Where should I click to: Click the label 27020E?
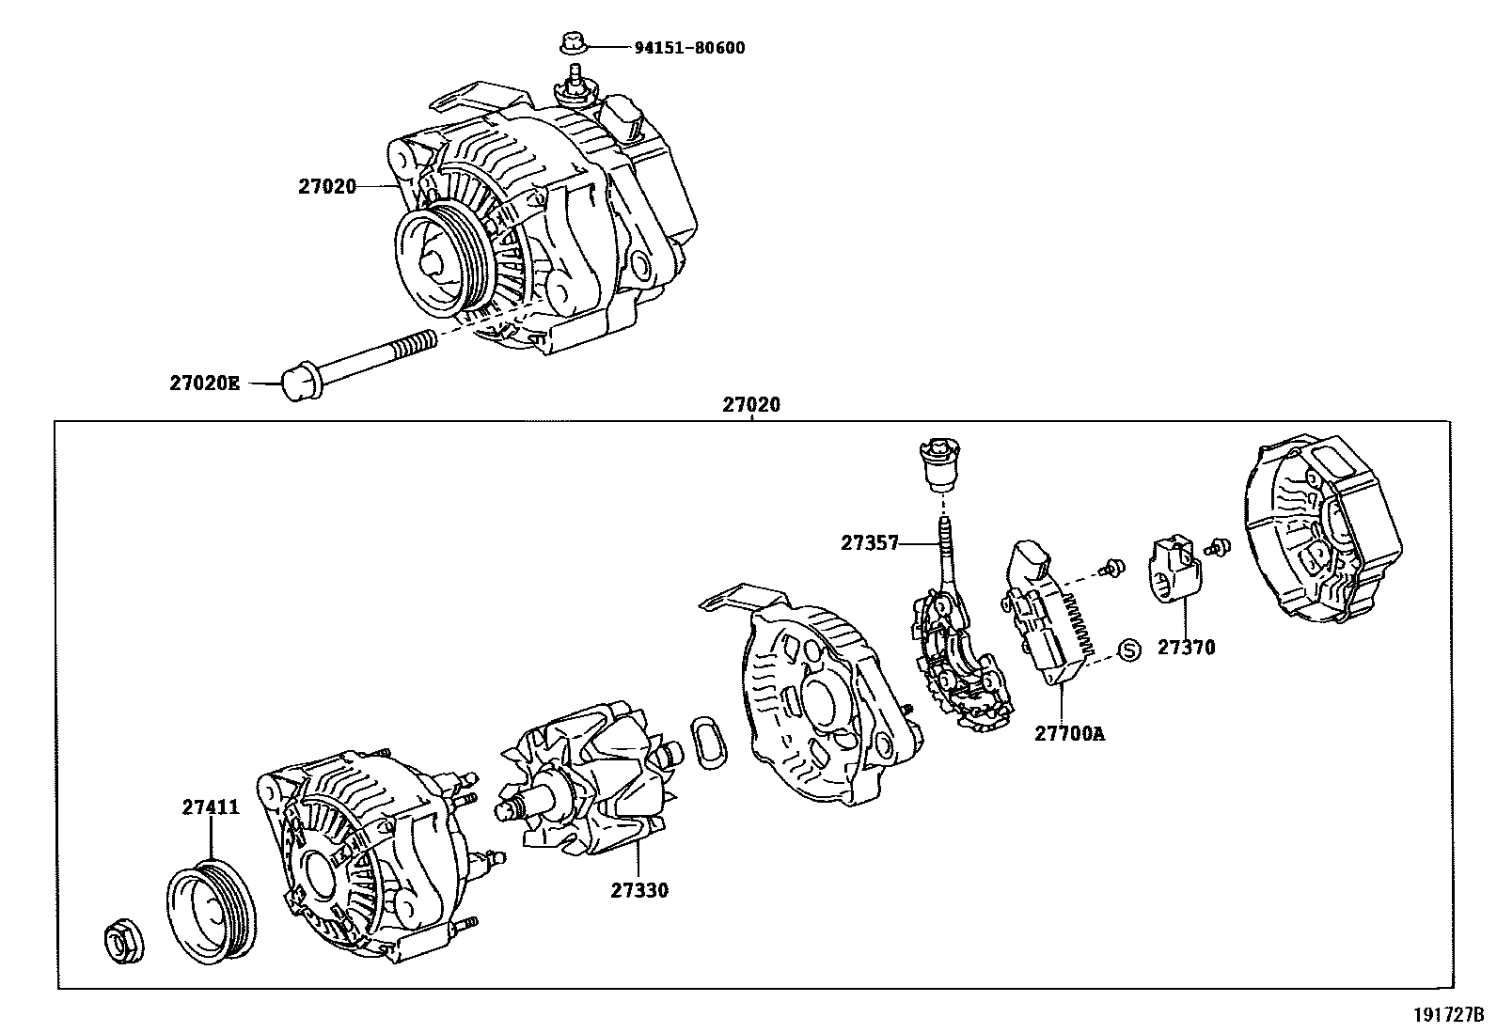205,383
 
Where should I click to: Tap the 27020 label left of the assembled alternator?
327,187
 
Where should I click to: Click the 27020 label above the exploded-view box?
751,405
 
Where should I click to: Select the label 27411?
211,807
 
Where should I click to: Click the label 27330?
639,890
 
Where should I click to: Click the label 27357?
870,542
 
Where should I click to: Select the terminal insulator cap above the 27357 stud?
938,465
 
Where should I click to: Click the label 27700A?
1070,733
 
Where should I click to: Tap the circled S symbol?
1128,649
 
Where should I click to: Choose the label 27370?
1186,647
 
